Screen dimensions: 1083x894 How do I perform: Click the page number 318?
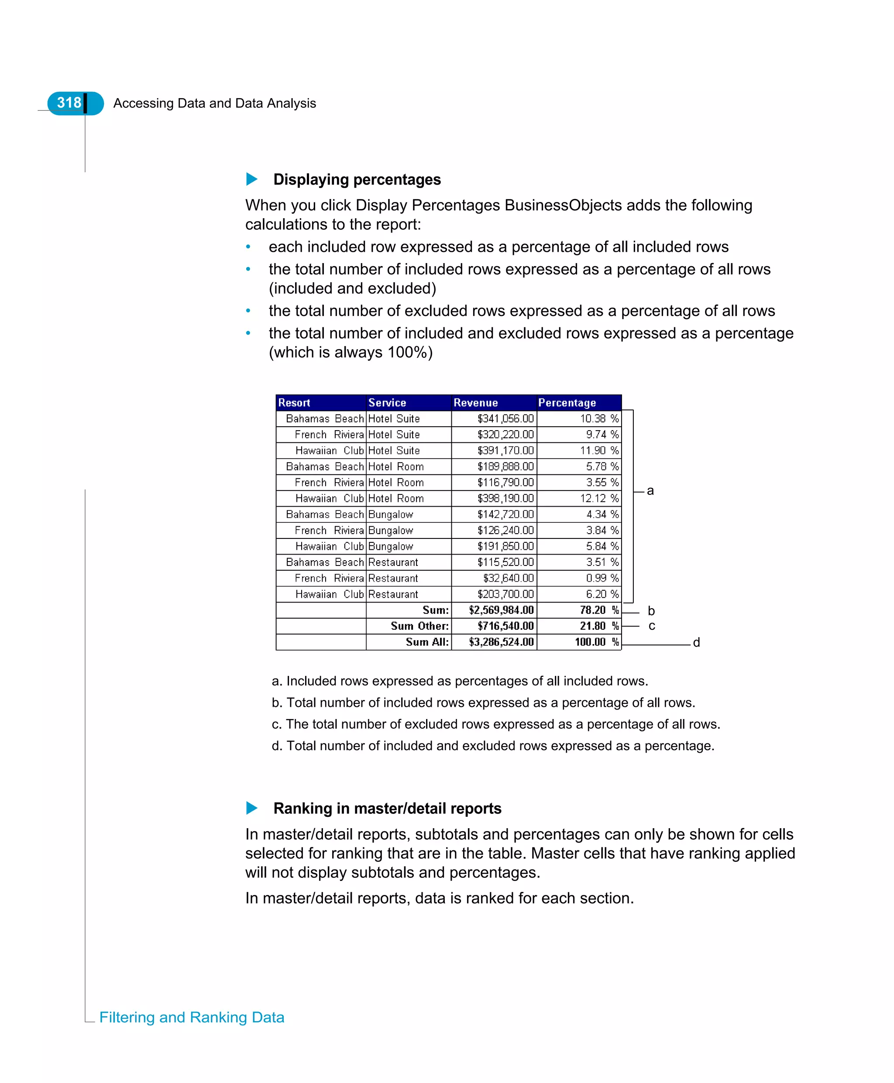point(69,103)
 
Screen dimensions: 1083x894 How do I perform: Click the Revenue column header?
point(475,402)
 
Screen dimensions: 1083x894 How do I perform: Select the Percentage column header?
point(567,402)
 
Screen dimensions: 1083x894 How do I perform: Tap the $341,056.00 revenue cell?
point(505,418)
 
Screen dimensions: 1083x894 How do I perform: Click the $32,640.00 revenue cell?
point(508,578)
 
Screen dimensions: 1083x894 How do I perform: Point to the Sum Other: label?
point(419,626)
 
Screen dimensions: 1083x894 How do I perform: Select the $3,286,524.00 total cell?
point(501,642)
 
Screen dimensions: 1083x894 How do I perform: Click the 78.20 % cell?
point(599,610)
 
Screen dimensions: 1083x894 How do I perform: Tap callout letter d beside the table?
point(696,642)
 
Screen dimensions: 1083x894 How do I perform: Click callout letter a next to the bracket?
point(650,490)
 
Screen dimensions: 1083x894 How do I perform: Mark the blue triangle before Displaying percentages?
point(252,179)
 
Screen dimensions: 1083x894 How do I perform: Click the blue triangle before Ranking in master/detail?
point(252,808)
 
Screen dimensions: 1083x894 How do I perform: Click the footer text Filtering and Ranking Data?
point(192,1017)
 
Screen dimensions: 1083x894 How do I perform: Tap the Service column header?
point(387,402)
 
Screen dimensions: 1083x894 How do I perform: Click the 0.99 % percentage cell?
point(602,578)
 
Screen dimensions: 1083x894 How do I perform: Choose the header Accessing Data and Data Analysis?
point(214,103)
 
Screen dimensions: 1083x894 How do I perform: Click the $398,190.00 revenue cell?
point(505,498)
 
